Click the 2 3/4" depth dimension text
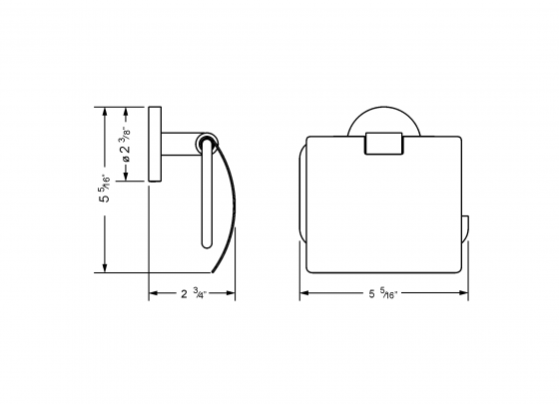[192, 294]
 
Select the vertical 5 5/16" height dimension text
[92, 191]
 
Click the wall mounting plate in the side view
[154, 146]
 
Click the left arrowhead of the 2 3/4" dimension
[153, 294]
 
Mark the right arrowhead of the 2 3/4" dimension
[232, 294]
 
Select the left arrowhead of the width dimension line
[304, 294]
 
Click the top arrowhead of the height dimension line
[106, 113]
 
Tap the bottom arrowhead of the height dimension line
[106, 267]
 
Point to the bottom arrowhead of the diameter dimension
[127, 179]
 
